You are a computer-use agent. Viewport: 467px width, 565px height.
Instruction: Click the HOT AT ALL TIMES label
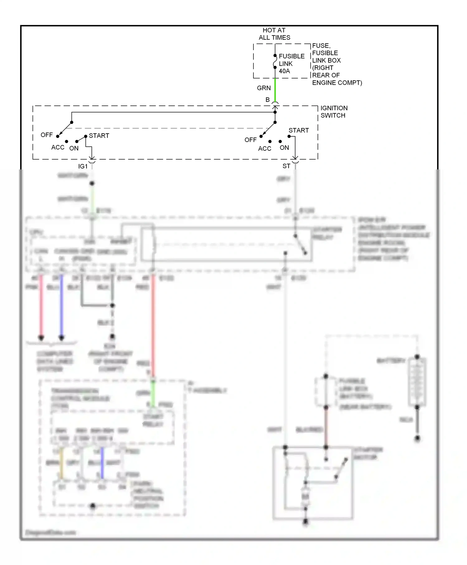[274, 34]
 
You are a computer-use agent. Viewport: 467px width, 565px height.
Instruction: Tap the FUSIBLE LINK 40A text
[291, 64]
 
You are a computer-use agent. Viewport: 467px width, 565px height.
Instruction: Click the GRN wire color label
[263, 88]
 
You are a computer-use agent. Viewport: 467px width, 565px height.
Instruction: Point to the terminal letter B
[267, 100]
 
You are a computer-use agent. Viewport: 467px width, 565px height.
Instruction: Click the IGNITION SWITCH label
[334, 112]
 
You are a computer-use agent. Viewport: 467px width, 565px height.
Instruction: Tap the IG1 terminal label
[83, 166]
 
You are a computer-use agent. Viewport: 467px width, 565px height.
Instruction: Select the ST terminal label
[286, 166]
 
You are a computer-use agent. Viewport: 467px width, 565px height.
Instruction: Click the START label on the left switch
[99, 135]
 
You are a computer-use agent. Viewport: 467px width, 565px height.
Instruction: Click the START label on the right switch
[298, 130]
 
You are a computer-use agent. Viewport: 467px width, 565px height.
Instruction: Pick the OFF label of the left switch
[47, 135]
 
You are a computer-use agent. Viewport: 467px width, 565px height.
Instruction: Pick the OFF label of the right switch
[250, 140]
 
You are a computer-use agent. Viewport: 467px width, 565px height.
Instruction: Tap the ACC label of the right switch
[265, 149]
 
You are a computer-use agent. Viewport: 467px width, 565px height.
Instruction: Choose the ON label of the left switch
[74, 148]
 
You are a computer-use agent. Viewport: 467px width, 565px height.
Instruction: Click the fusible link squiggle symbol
[275, 62]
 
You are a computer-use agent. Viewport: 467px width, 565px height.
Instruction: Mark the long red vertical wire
[153, 324]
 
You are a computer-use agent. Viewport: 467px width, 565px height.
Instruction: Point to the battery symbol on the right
[417, 382]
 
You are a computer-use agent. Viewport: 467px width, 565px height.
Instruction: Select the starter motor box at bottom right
[313, 483]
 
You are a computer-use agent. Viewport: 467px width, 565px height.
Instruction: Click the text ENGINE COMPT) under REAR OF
[337, 83]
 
